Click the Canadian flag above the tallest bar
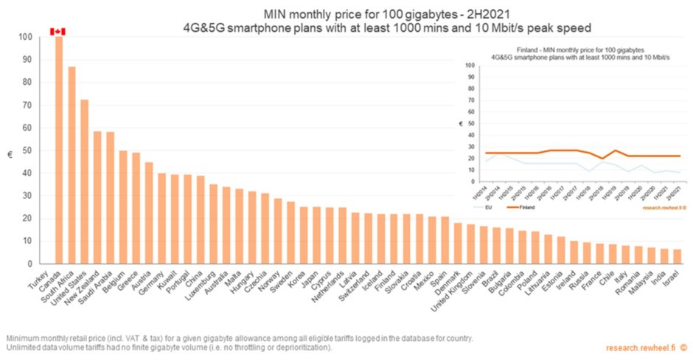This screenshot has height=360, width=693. pyautogui.click(x=58, y=31)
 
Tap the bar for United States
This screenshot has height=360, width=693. pyautogui.click(x=85, y=181)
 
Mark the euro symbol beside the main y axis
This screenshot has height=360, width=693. pyautogui.click(x=10, y=155)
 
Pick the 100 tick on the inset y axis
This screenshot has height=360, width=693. pyautogui.click(x=470, y=65)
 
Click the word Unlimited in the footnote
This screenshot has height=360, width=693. pyautogui.click(x=23, y=347)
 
